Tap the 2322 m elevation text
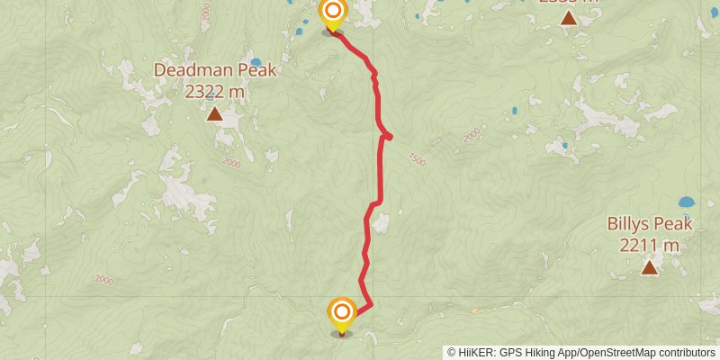click(x=214, y=90)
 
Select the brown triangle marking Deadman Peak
click(x=214, y=113)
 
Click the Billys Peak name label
click(x=649, y=224)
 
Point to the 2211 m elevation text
click(x=649, y=244)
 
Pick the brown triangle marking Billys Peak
click(x=649, y=267)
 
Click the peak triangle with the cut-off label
click(x=568, y=16)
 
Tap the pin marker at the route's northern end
click(x=333, y=13)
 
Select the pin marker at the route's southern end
click(x=341, y=313)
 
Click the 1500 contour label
click(x=416, y=158)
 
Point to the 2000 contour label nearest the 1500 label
click(x=472, y=135)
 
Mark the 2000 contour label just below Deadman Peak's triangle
click(x=231, y=163)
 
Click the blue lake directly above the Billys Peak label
click(x=686, y=202)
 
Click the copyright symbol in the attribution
click(x=452, y=353)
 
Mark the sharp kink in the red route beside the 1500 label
click(x=390, y=136)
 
